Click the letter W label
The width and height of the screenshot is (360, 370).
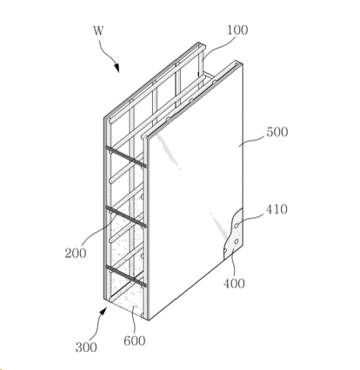point(98,30)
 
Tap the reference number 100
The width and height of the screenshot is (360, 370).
point(237,30)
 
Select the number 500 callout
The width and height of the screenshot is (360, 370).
point(277,132)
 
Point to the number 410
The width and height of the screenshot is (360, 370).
point(277,209)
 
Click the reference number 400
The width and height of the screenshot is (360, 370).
point(234,283)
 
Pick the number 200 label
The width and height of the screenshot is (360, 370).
point(76,254)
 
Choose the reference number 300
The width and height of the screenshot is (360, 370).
point(86,347)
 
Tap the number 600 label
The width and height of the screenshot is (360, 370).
point(135,340)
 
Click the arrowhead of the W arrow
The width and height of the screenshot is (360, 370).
point(117,68)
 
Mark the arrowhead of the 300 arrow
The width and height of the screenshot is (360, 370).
point(103,312)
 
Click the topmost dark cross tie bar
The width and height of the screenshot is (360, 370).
point(125,157)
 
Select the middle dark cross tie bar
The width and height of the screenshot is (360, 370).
point(125,216)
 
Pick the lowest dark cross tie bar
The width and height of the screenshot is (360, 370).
point(125,276)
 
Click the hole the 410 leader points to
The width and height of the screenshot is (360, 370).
point(237,225)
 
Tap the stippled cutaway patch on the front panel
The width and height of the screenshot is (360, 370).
point(233,235)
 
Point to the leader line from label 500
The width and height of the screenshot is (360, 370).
point(251,140)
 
